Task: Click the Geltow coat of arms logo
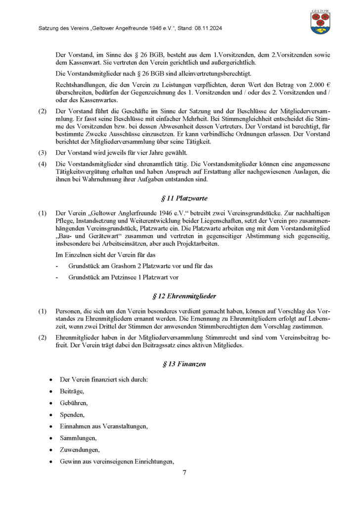[320, 22]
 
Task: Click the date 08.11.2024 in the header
[207, 29]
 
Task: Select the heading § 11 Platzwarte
[184, 198]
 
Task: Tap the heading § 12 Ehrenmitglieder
[184, 296]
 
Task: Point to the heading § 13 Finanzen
[184, 364]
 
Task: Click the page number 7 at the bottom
[184, 472]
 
